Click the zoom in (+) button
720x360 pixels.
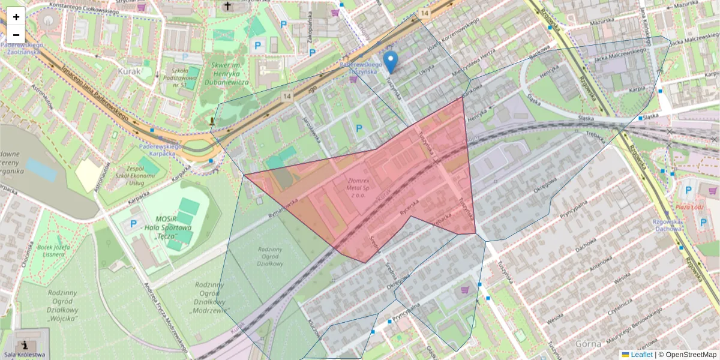[16, 17]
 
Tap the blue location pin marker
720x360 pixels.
[391, 61]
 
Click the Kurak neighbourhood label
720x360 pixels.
[130, 71]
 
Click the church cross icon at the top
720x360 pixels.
[227, 7]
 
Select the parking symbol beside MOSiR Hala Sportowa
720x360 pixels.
[133, 224]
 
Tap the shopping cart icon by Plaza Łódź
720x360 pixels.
[713, 191]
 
